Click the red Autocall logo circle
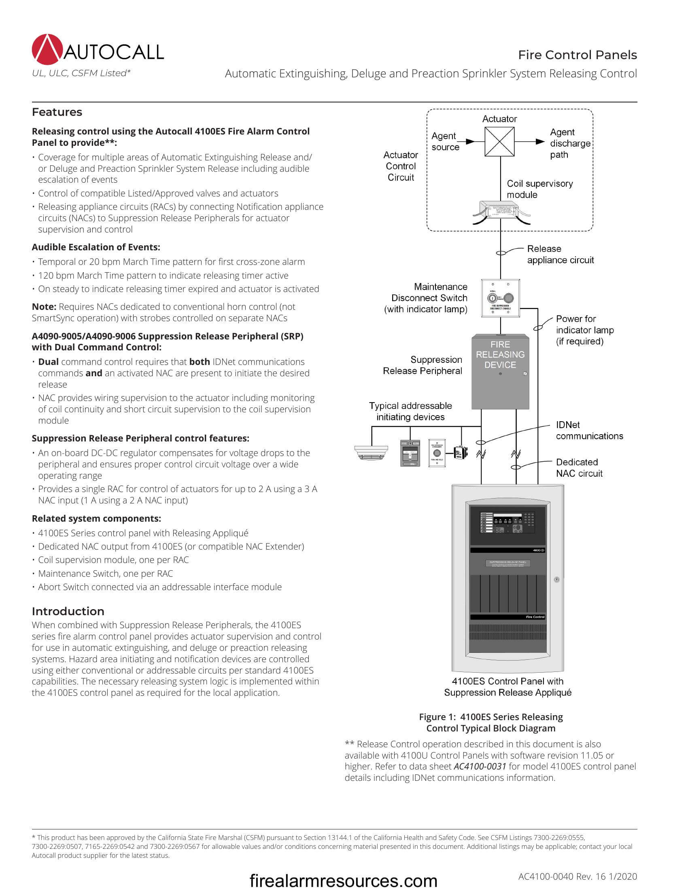(x=47, y=50)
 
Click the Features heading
(x=57, y=112)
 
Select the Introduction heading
(x=68, y=611)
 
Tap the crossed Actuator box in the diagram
(x=499, y=142)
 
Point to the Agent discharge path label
(x=569, y=143)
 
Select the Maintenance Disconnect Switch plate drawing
(x=500, y=298)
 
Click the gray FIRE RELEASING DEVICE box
(x=500, y=372)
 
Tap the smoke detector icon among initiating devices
(x=371, y=452)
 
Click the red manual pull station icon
(x=410, y=453)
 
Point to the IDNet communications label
(x=589, y=431)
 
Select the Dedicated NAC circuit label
(x=579, y=468)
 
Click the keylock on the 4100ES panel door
(x=556, y=579)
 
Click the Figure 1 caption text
(x=491, y=723)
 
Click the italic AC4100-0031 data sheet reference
(x=480, y=767)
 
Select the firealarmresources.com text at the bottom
(x=343, y=880)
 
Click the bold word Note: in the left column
(x=44, y=307)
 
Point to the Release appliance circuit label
(x=560, y=255)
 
